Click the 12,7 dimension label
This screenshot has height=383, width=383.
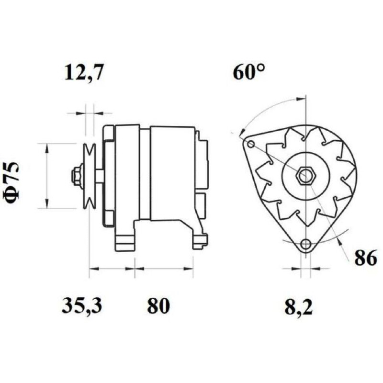click(x=83, y=73)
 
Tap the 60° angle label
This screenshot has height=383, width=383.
click(x=248, y=72)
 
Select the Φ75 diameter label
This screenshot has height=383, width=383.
click(x=11, y=182)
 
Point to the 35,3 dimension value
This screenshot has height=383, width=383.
click(x=81, y=305)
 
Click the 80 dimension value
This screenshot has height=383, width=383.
click(x=158, y=305)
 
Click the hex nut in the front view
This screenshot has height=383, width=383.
click(x=305, y=176)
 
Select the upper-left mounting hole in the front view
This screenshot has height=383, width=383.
click(x=251, y=145)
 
